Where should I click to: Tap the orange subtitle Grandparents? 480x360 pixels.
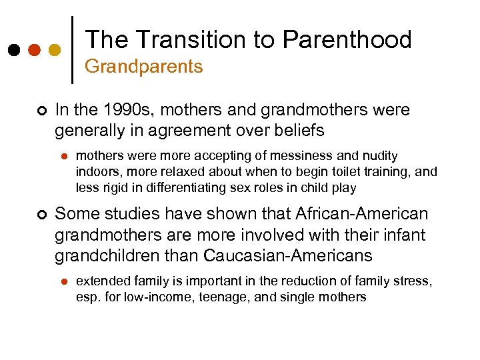point(143,67)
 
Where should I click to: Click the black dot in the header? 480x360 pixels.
point(13,50)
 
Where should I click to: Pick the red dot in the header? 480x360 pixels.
point(34,50)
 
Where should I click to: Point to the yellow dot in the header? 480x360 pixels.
point(55,50)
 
